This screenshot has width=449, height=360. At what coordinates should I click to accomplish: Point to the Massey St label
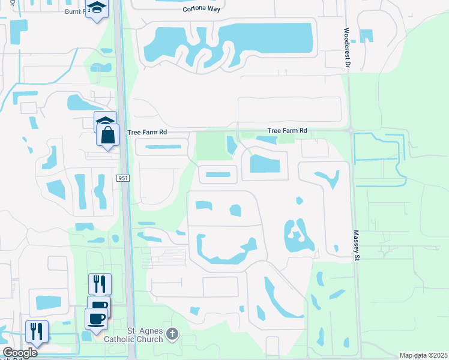pyautogui.click(x=355, y=245)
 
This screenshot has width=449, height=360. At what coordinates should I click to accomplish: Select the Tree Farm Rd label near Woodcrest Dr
pyautogui.click(x=287, y=130)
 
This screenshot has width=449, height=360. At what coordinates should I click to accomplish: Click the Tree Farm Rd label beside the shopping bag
pyautogui.click(x=146, y=132)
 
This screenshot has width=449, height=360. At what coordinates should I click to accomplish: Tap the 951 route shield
pyautogui.click(x=123, y=178)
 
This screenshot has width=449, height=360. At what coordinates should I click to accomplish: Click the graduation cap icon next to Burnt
pyautogui.click(x=95, y=9)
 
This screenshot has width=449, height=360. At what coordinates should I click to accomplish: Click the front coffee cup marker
pyautogui.click(x=96, y=318)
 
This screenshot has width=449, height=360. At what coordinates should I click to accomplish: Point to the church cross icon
pyautogui.click(x=172, y=333)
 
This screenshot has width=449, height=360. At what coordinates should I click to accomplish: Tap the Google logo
pyautogui.click(x=20, y=353)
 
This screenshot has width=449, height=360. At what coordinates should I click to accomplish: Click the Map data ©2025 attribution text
pyautogui.click(x=424, y=355)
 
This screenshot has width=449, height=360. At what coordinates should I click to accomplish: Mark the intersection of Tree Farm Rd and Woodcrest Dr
pyautogui.click(x=350, y=130)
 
